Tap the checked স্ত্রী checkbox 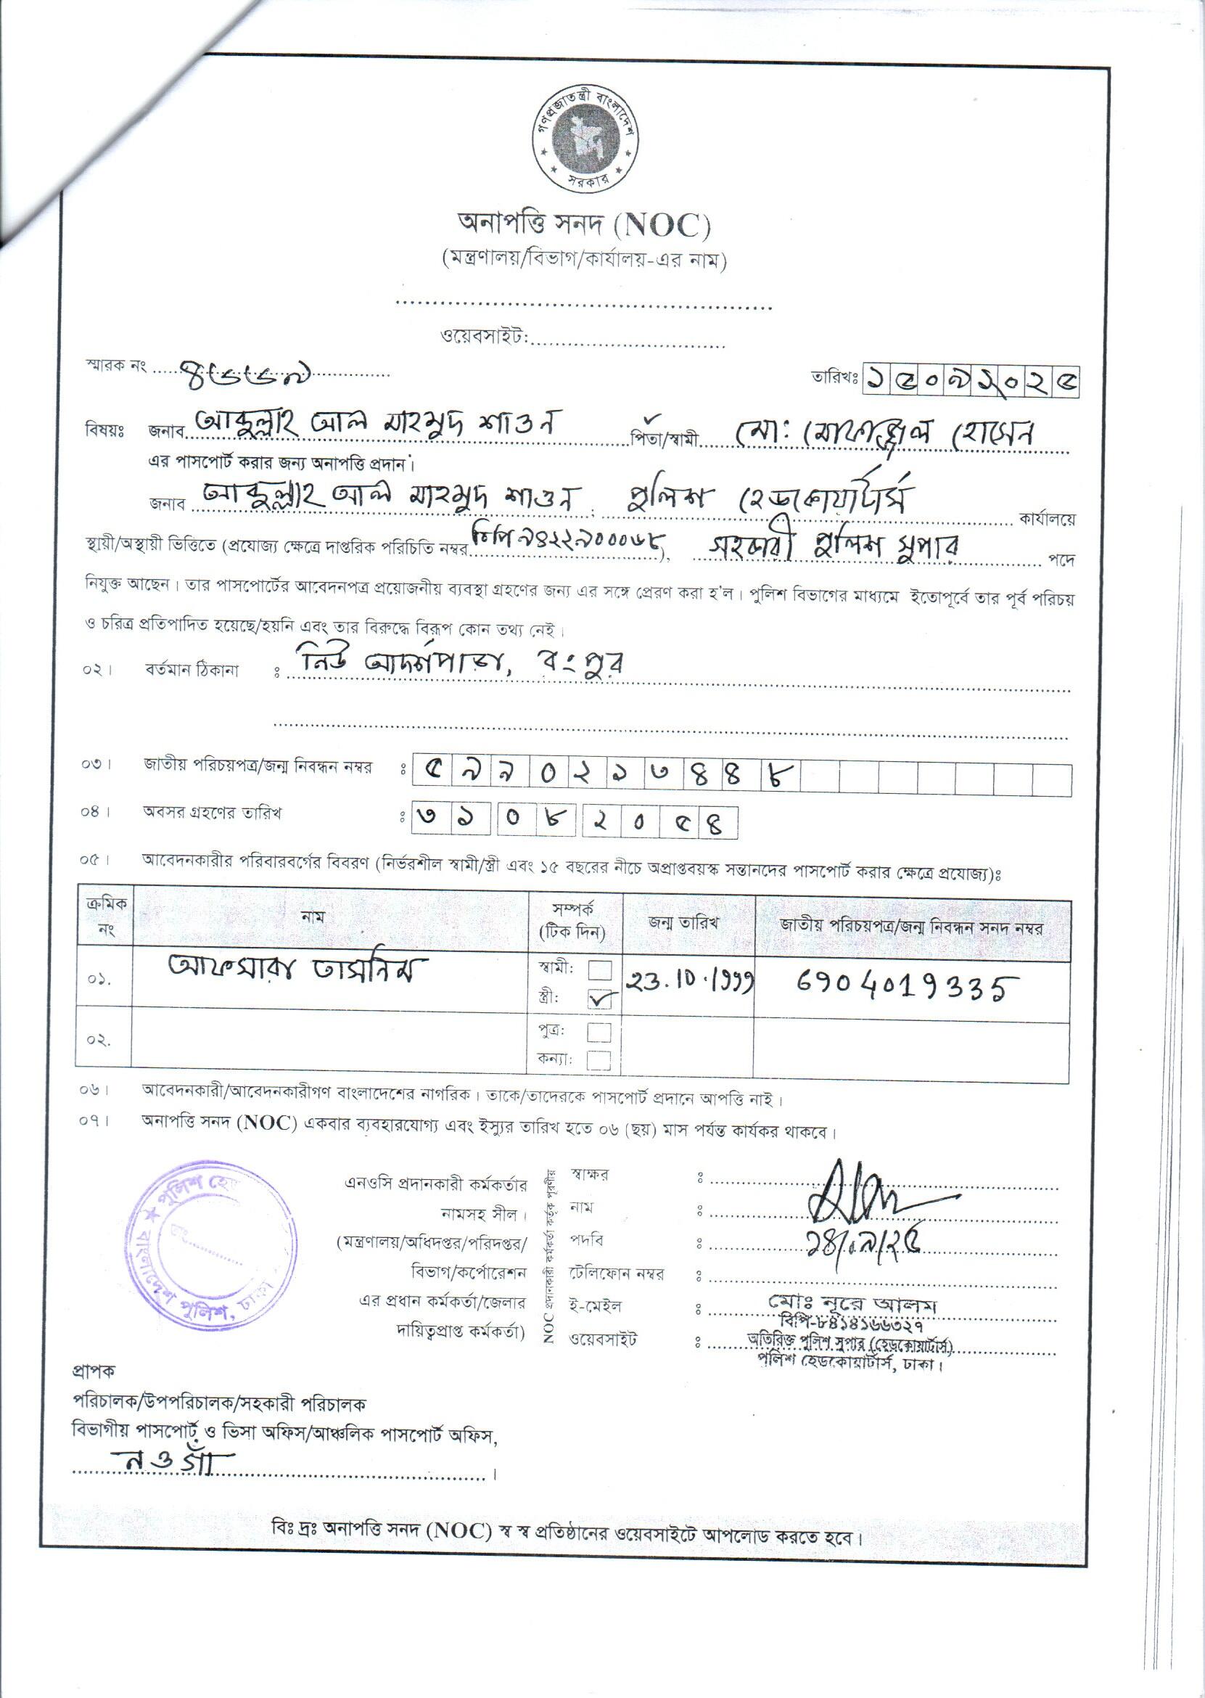point(599,1000)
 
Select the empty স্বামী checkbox point(599,970)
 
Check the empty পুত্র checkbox point(599,1033)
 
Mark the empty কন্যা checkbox point(599,1059)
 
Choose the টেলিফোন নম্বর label point(616,1274)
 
